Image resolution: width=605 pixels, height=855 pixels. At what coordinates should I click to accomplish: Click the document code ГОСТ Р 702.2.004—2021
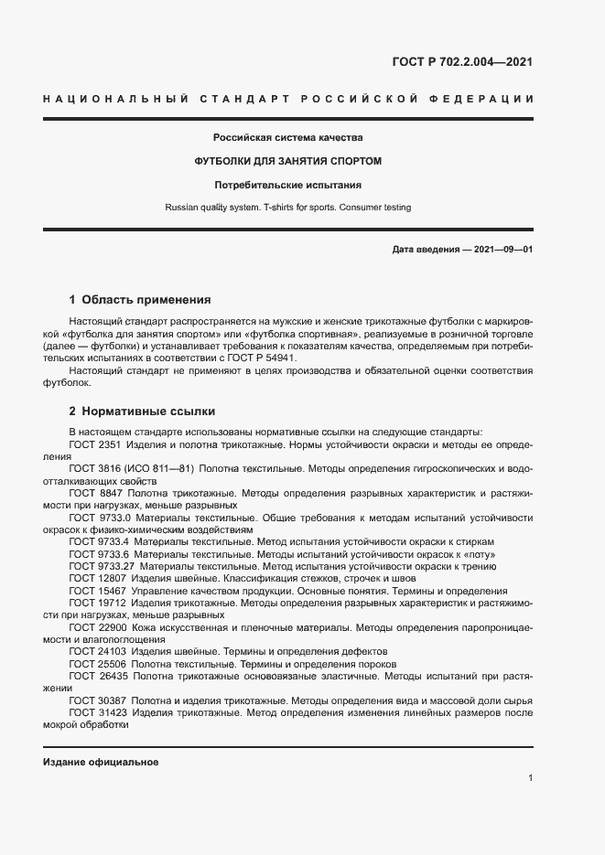[x=461, y=62]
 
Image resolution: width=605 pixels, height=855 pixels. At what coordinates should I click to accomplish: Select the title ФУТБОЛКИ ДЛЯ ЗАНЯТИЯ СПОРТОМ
[x=287, y=161]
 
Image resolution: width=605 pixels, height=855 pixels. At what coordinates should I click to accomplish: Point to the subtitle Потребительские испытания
[x=287, y=185]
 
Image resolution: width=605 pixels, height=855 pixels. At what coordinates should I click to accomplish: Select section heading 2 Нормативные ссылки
[x=142, y=411]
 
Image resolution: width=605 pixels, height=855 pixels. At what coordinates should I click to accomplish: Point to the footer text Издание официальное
[x=101, y=762]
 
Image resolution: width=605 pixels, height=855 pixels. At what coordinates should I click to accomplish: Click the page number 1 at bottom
[x=530, y=778]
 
